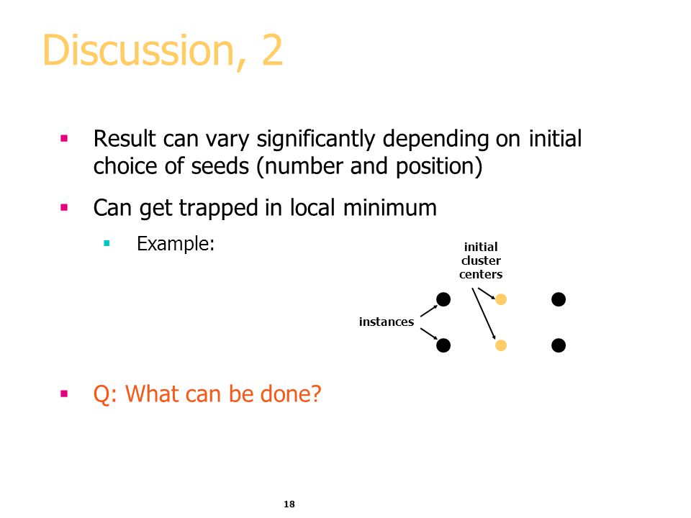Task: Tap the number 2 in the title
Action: pos(272,50)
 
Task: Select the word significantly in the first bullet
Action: pos(316,140)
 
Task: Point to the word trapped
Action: pos(219,209)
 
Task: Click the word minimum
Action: pos(389,207)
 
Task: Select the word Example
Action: pos(176,244)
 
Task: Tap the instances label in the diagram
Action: pos(387,322)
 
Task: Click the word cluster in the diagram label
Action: pos(481,260)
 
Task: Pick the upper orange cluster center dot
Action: pos(501,299)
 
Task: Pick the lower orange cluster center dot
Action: pos(501,345)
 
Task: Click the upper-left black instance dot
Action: pos(443,299)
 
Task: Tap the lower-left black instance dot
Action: pos(443,345)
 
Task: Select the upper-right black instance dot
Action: pos(559,299)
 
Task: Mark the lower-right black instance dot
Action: pos(559,345)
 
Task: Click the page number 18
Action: pos(289,504)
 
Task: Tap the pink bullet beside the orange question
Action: pos(64,394)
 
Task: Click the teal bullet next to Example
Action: pos(107,243)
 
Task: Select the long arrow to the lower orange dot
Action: pos(484,314)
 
